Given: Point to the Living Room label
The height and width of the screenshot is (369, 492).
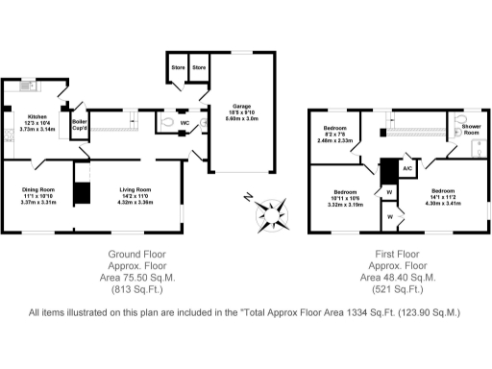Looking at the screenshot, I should click(135, 190).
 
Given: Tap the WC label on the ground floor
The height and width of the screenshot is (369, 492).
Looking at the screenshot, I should click(184, 123).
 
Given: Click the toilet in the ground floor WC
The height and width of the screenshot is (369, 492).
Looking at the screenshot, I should click(165, 123).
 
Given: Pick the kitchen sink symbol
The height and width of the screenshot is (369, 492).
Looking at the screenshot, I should click(28, 86).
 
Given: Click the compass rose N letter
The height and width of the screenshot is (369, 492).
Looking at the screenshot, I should click(248, 199).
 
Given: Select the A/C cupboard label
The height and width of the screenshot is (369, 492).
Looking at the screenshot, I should click(407, 168).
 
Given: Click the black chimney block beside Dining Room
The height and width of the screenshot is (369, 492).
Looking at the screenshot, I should click(83, 192).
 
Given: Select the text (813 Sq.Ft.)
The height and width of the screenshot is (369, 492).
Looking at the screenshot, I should click(135, 288).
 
